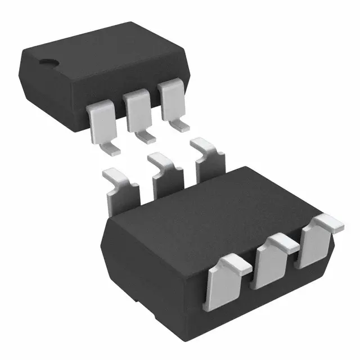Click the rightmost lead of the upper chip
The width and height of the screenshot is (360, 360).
[171, 101]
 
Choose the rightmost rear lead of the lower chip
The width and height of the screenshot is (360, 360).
[210, 160]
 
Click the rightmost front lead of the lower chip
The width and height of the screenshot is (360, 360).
[316, 242]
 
